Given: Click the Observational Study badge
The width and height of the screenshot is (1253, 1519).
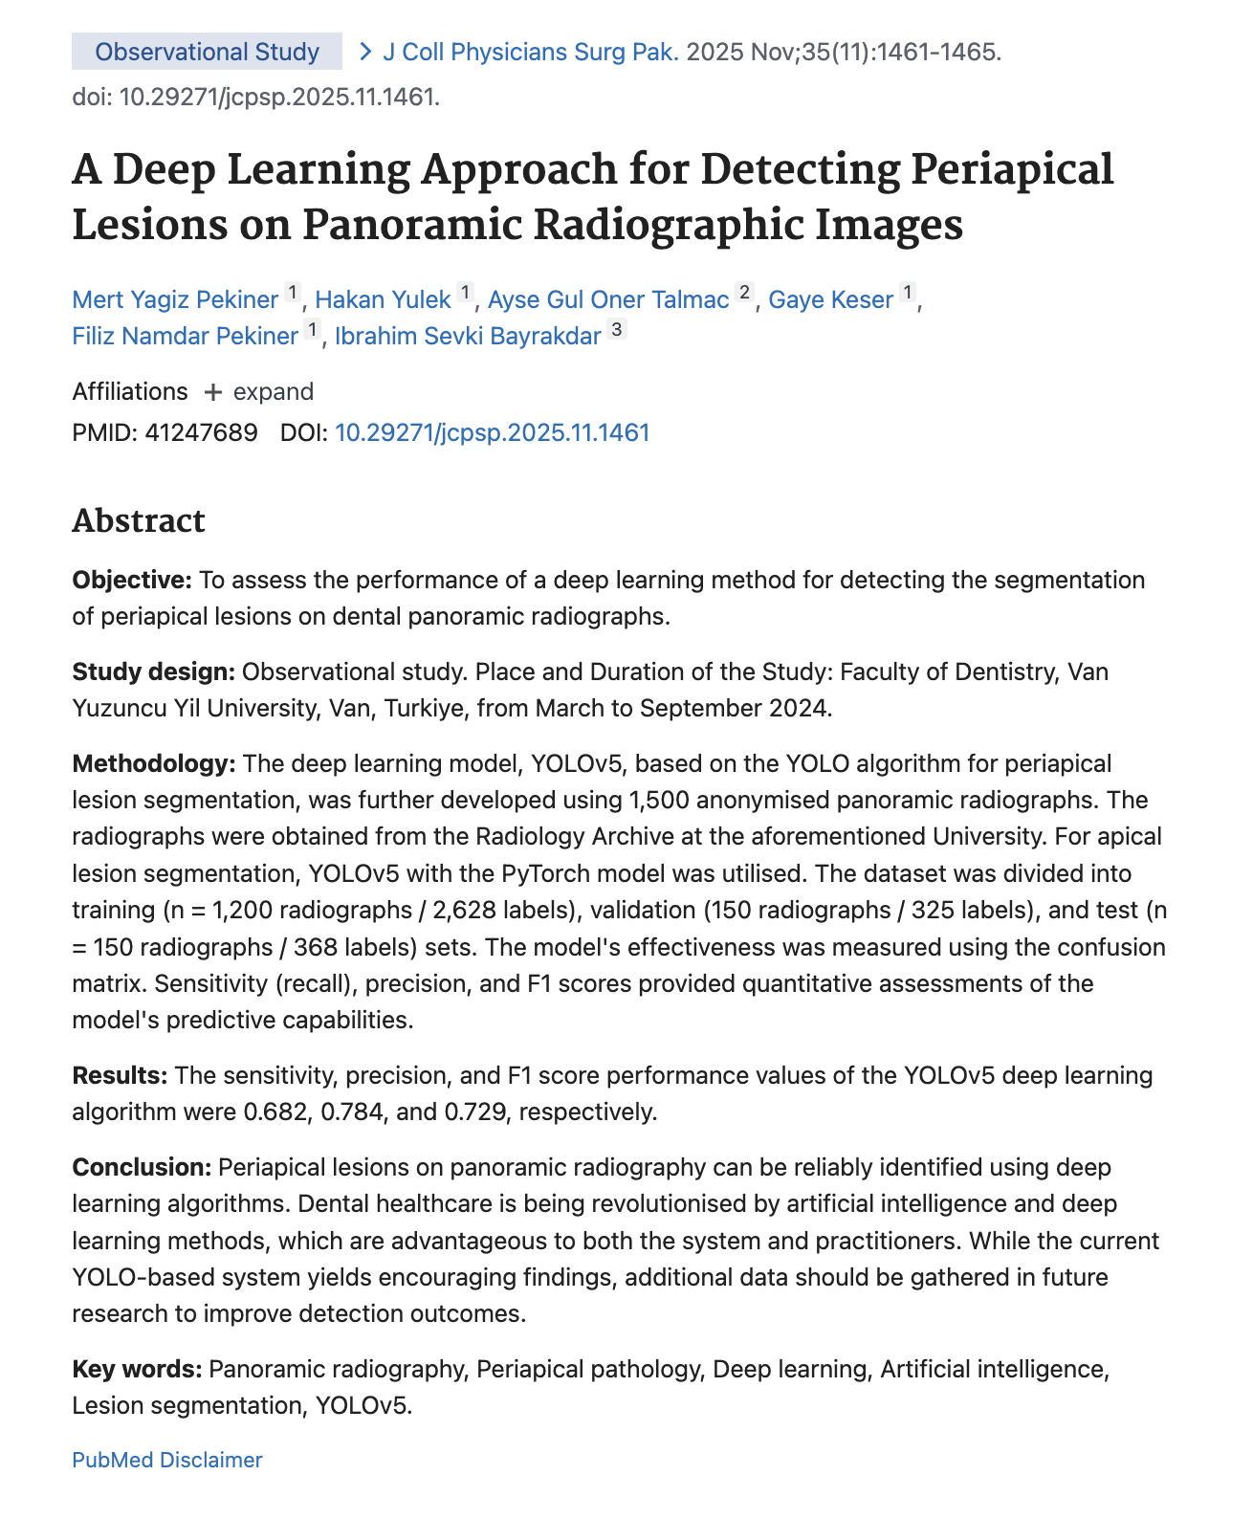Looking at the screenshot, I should (207, 52).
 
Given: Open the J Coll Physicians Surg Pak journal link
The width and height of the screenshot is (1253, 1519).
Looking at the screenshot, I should (530, 52).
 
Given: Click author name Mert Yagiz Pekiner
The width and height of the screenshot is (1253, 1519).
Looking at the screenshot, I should (175, 300).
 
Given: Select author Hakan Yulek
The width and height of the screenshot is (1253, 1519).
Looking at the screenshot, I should (383, 300).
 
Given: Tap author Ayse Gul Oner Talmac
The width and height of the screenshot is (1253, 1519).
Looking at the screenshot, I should (608, 300).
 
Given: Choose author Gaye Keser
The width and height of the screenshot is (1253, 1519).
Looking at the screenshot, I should (830, 300).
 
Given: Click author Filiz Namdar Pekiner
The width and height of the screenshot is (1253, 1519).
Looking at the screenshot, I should (185, 337).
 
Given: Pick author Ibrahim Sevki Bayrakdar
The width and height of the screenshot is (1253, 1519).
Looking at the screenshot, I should (468, 337).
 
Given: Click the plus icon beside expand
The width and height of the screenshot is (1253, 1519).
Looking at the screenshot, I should (213, 392).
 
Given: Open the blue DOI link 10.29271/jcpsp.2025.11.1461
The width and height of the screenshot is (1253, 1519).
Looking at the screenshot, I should (492, 433).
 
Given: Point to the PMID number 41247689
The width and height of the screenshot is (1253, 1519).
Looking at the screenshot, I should (201, 433).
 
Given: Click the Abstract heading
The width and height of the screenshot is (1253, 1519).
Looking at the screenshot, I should (139, 521).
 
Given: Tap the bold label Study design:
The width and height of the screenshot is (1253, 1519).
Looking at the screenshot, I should (153, 672).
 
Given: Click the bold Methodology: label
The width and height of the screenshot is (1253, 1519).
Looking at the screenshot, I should (154, 764).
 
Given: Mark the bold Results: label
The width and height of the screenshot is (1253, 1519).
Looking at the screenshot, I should (120, 1076).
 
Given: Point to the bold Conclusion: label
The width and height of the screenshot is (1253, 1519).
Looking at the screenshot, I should (142, 1168).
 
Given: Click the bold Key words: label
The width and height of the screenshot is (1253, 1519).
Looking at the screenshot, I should (137, 1370).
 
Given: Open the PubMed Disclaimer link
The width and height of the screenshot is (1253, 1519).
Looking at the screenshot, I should (166, 1461).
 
